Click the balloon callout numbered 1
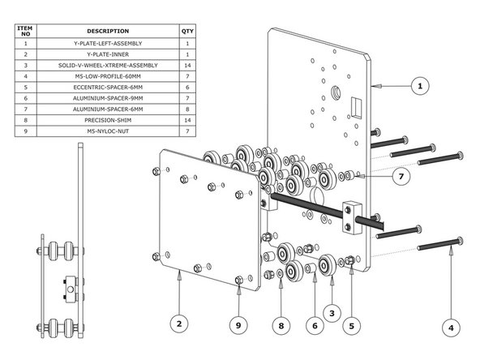pos(419,85)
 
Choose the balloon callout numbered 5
pos(351,326)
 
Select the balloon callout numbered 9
pos(238,326)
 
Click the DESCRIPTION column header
pos(108,31)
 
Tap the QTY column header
pos(187,31)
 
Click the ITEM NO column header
pos(26,31)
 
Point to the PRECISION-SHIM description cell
pos(108,119)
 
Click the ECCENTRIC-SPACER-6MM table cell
pos(108,86)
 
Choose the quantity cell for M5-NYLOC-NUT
pos(187,131)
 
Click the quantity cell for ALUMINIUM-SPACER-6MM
pos(187,108)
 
